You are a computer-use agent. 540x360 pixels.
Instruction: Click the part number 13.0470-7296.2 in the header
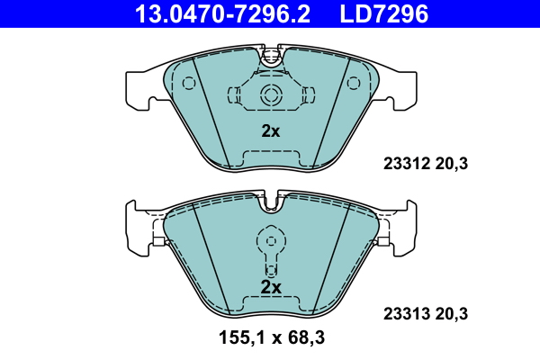point(222,14)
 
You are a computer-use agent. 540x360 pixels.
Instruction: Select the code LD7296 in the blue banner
point(384,14)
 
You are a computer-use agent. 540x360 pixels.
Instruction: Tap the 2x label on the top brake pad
point(271,131)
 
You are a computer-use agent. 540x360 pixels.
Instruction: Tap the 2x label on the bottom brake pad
point(271,287)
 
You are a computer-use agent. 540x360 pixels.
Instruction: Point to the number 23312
point(407,164)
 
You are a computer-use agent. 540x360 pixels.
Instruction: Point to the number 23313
point(407,314)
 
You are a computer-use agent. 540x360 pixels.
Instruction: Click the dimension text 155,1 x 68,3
point(272,337)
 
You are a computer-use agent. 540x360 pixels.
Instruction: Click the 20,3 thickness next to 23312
point(452,164)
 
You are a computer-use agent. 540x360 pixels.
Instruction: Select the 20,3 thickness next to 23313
point(452,314)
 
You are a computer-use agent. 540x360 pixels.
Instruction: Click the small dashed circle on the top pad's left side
point(189,84)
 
